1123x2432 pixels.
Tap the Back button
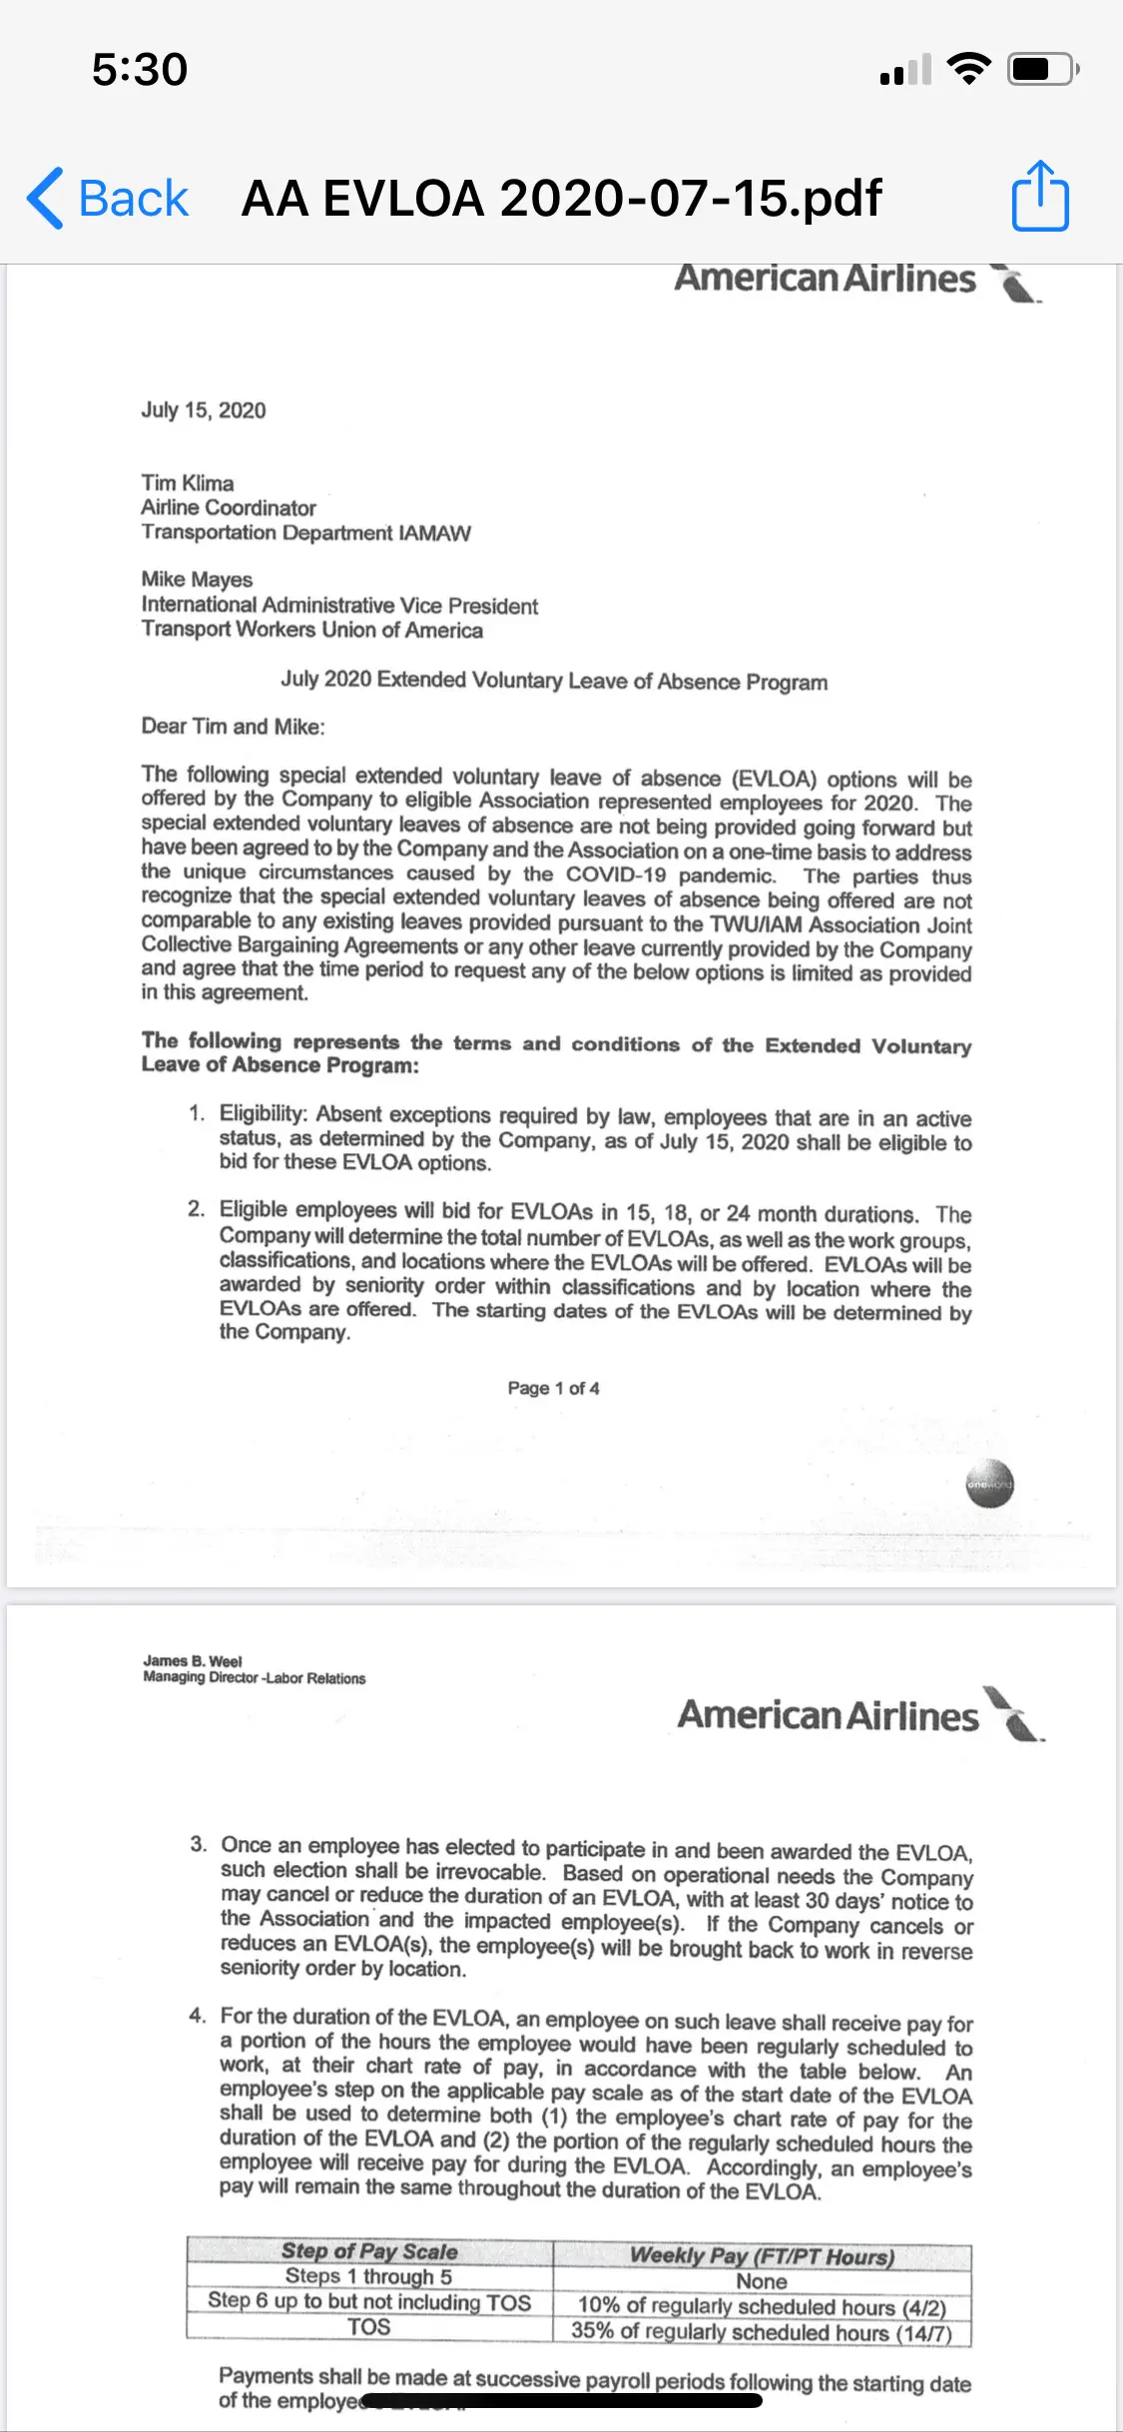pyautogui.click(x=108, y=198)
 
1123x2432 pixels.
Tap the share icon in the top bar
pyautogui.click(x=1040, y=197)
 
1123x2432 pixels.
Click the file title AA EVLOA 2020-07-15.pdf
pyautogui.click(x=561, y=198)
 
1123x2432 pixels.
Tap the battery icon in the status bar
pyautogui.click(x=1042, y=70)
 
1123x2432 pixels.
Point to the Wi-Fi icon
pyautogui.click(x=967, y=69)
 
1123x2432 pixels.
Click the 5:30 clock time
pyautogui.click(x=140, y=70)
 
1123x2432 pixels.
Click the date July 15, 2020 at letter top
pyautogui.click(x=204, y=410)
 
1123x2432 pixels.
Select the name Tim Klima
pyautogui.click(x=188, y=483)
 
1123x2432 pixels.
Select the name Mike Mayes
pyautogui.click(x=197, y=579)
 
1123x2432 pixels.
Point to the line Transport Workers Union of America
pyautogui.click(x=311, y=630)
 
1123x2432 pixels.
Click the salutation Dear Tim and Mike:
pyautogui.click(x=233, y=727)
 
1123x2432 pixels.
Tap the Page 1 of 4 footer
pyautogui.click(x=553, y=1388)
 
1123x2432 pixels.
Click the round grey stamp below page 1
pyautogui.click(x=989, y=1485)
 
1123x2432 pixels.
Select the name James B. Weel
pyautogui.click(x=193, y=1661)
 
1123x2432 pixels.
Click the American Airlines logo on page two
pyautogui.click(x=858, y=1715)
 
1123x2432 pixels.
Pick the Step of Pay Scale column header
pyautogui.click(x=369, y=2251)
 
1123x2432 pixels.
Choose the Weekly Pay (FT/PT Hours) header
pyautogui.click(x=762, y=2256)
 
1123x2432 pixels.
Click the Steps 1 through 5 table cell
pyautogui.click(x=368, y=2277)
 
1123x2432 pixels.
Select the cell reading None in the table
pyautogui.click(x=762, y=2282)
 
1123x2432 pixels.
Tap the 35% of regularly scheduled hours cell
pyautogui.click(x=762, y=2332)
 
